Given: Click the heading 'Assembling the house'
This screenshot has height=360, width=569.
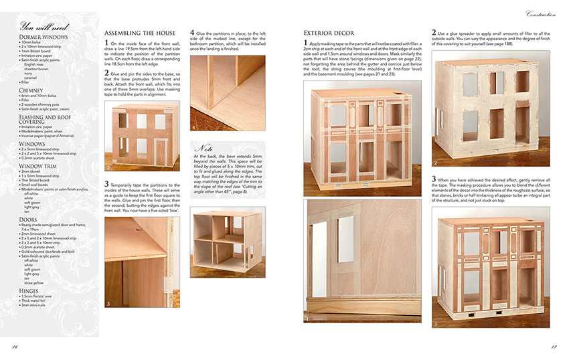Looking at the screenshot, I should (x=140, y=33).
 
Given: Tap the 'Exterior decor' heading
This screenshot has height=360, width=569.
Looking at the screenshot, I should (x=330, y=33).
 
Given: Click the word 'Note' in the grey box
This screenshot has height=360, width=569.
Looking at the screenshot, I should (x=204, y=147).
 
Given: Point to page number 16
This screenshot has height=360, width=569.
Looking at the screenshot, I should (x=15, y=346).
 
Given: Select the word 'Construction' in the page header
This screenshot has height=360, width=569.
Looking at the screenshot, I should (x=542, y=15).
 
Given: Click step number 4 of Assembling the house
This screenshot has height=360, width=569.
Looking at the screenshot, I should (x=193, y=31).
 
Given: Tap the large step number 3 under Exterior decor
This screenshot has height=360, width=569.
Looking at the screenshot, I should (x=434, y=179).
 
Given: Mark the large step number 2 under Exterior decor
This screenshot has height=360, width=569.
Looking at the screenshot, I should (x=434, y=31).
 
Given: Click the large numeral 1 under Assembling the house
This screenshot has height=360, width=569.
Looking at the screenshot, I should (x=107, y=43).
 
